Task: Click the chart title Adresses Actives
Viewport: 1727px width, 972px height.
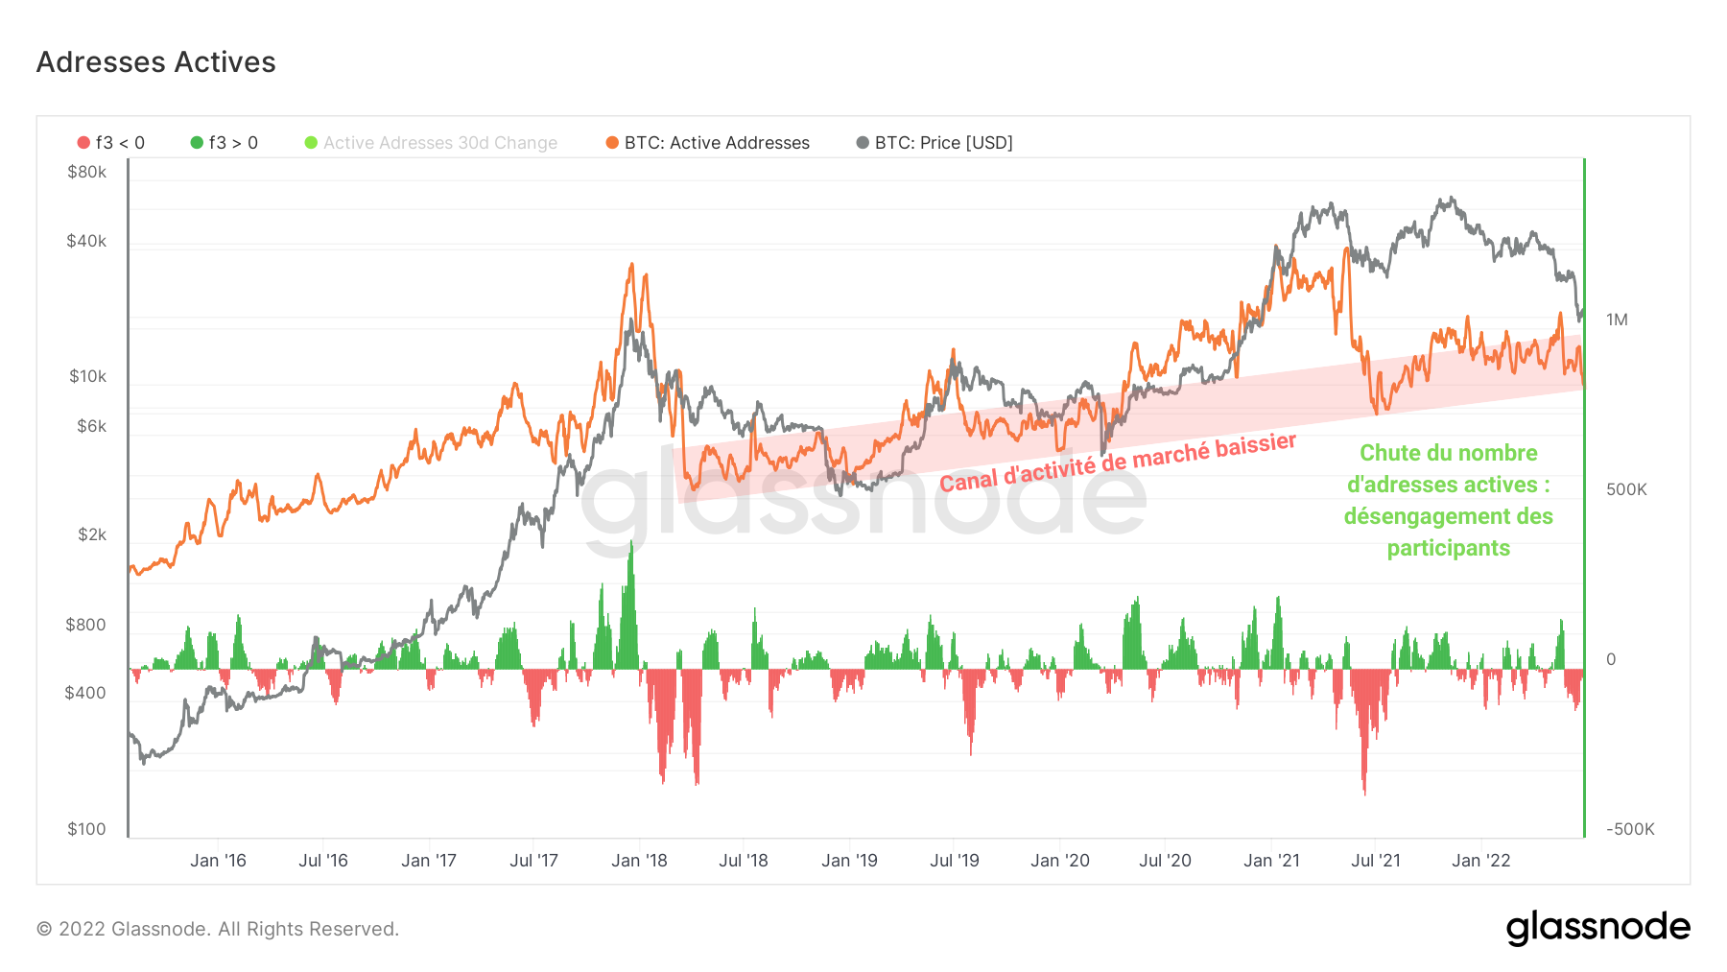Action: point(155,62)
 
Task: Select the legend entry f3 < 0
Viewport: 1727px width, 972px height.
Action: point(111,143)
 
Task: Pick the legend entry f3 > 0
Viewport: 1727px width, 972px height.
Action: point(225,143)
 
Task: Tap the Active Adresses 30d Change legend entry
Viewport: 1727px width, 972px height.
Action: point(431,143)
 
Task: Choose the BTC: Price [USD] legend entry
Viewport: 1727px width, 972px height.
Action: point(934,143)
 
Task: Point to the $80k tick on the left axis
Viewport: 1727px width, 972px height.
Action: point(86,173)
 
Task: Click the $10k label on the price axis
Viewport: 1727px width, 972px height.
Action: point(87,376)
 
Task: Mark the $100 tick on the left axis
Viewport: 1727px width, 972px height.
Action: point(86,829)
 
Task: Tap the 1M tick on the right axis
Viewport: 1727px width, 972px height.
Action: point(1617,320)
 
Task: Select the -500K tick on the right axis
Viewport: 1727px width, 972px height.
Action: point(1630,829)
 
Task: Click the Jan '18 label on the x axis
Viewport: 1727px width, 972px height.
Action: point(639,861)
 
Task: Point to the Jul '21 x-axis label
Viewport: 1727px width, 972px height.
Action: point(1375,861)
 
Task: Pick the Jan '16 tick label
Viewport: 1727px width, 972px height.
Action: point(218,861)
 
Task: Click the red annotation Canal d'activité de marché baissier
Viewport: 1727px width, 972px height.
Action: point(1118,462)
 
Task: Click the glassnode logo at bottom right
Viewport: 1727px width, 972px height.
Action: point(1597,928)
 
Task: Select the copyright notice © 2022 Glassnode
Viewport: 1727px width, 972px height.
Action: point(218,929)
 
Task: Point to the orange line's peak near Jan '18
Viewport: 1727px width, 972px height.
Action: point(631,264)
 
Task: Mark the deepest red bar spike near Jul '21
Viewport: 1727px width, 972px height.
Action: point(1364,793)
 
